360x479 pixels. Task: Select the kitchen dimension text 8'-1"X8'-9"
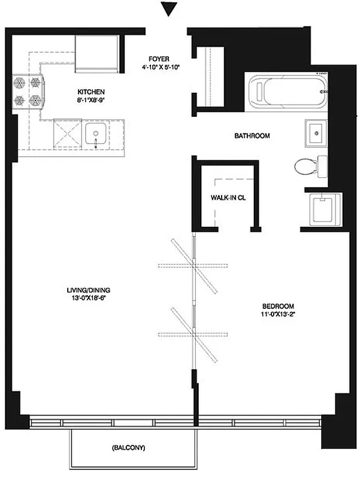click(x=91, y=101)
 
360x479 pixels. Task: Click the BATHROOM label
click(x=252, y=136)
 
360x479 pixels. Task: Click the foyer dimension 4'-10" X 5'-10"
click(x=161, y=67)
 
